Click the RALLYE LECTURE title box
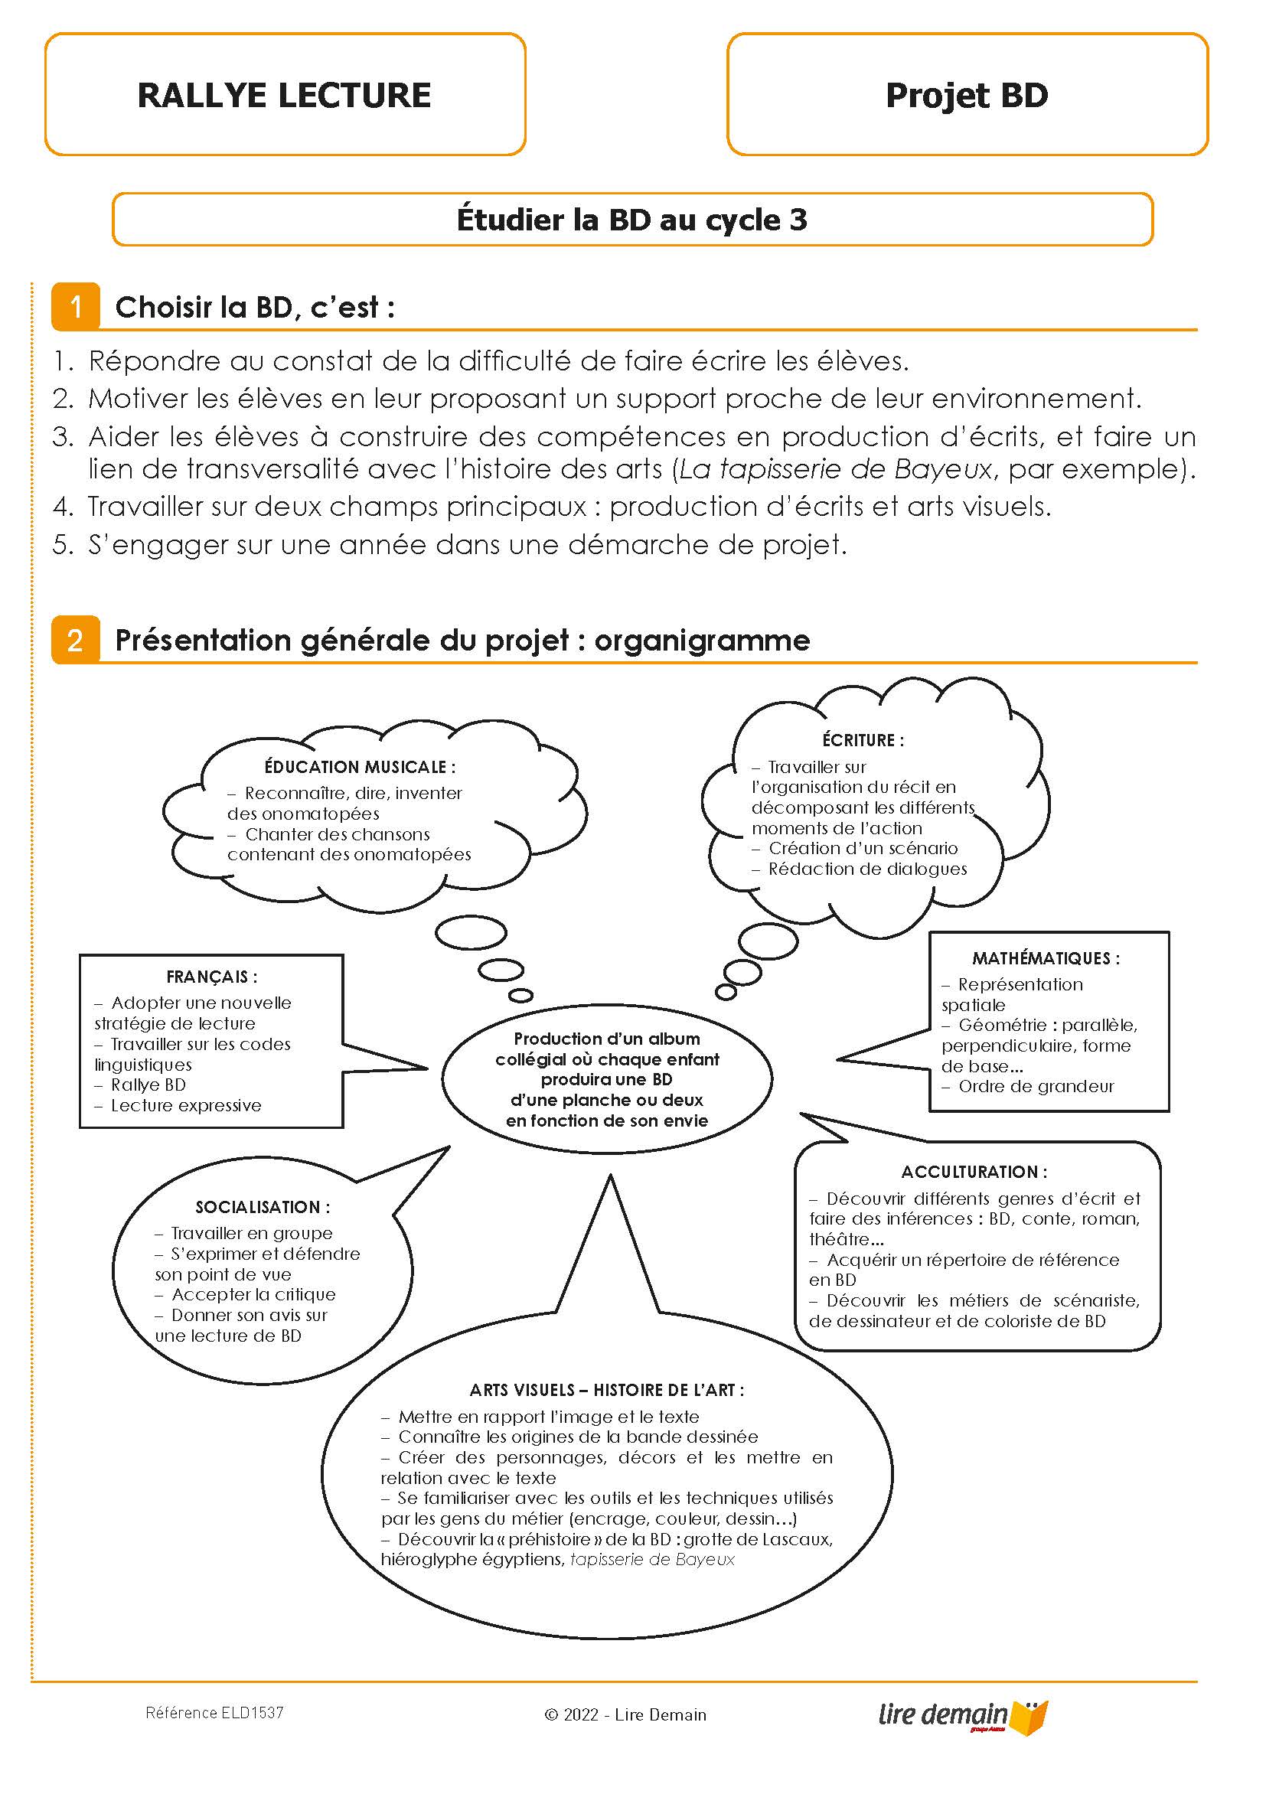285,95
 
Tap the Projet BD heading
967,95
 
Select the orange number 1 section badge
76,306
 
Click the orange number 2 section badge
76,640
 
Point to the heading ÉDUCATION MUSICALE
360,767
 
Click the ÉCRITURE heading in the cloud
863,740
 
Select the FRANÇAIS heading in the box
212,977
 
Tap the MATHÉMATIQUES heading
1046,958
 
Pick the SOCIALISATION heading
263,1207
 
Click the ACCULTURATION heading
974,1172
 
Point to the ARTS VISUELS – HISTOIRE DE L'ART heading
606,1390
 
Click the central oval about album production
606,1079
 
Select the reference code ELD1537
214,1713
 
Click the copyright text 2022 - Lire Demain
625,1715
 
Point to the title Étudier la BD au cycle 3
631,220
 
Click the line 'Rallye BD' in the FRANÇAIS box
148,1085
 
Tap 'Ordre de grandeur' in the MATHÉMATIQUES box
1036,1086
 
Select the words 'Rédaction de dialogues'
866,869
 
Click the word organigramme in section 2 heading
702,640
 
